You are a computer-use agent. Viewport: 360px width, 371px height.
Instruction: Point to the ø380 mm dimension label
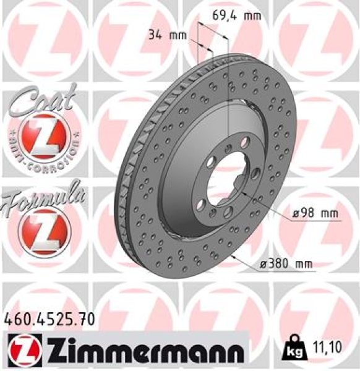click(x=285, y=264)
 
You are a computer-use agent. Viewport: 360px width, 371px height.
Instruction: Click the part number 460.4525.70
click(x=50, y=320)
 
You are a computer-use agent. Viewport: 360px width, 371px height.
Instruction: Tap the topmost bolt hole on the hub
click(x=228, y=146)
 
